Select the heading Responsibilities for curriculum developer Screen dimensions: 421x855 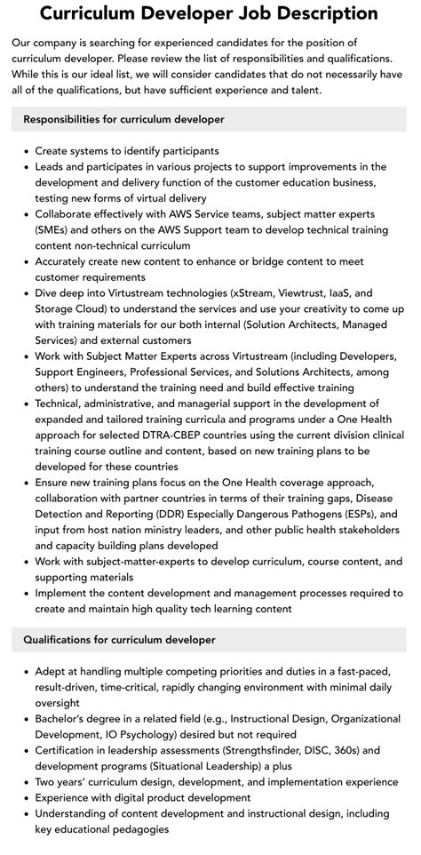[x=123, y=118]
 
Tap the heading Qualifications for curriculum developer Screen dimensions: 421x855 [x=119, y=639]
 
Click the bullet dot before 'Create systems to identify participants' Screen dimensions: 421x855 [x=27, y=151]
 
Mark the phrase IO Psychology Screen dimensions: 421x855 [x=159, y=734]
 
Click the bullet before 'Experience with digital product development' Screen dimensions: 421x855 [x=27, y=798]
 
